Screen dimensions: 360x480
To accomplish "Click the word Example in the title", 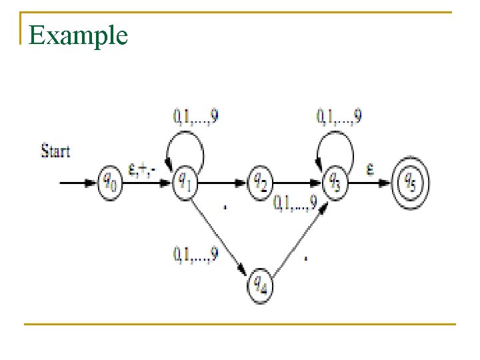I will click(x=78, y=35).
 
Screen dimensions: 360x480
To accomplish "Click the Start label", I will click(x=55, y=151).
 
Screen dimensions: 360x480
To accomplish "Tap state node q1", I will click(x=185, y=180).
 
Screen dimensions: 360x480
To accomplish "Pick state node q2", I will click(x=261, y=180).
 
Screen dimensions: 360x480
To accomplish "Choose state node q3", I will click(x=335, y=180).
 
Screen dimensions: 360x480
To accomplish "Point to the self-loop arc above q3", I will click(x=335, y=141).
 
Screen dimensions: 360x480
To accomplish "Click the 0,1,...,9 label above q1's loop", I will click(x=197, y=117).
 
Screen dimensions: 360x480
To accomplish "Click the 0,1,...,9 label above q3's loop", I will click(x=339, y=117).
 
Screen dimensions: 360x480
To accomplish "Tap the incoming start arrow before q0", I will click(x=77, y=181).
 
